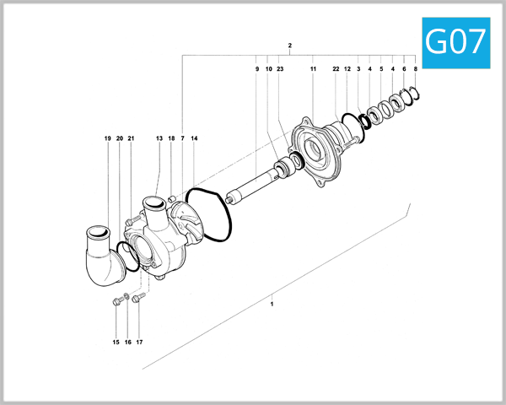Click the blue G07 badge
click(455, 40)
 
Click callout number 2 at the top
click(289, 45)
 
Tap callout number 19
click(108, 138)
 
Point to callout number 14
click(194, 138)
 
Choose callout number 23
click(280, 68)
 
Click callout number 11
click(313, 68)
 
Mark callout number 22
click(336, 68)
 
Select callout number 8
click(415, 68)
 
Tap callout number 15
click(116, 342)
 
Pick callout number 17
click(139, 342)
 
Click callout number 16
click(127, 342)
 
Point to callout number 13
click(159, 138)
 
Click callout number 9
click(256, 68)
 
